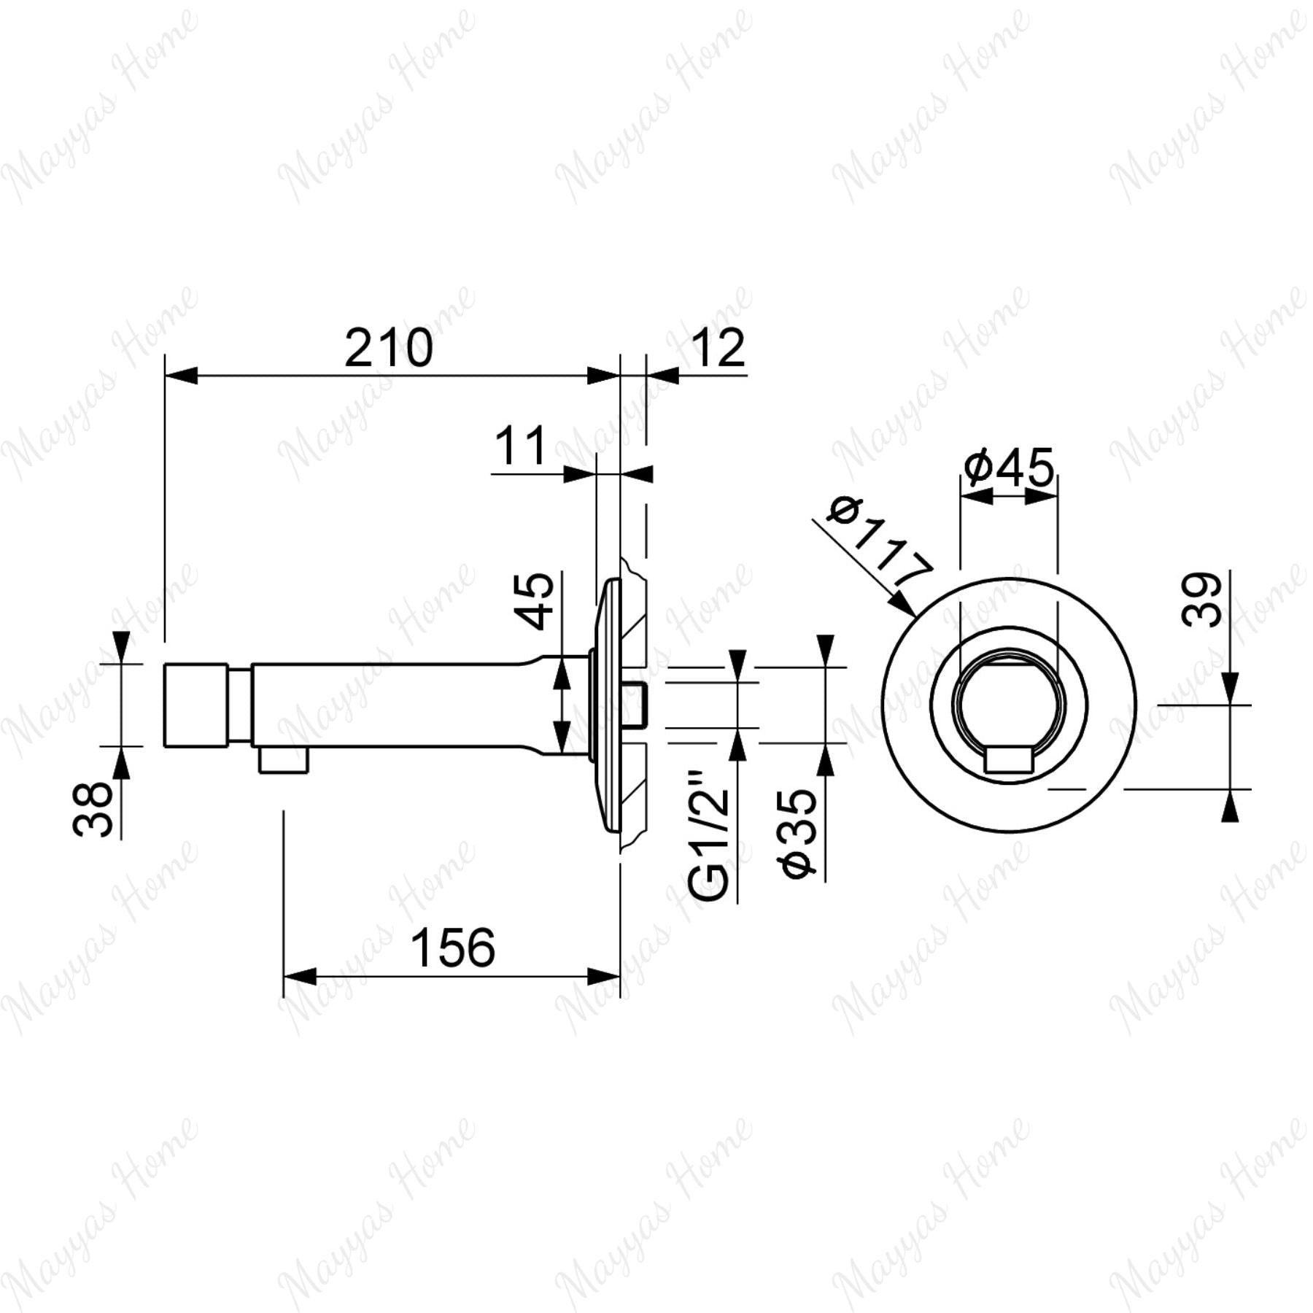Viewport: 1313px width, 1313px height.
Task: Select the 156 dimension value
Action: tap(453, 948)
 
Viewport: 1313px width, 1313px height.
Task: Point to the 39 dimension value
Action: tap(1201, 600)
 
